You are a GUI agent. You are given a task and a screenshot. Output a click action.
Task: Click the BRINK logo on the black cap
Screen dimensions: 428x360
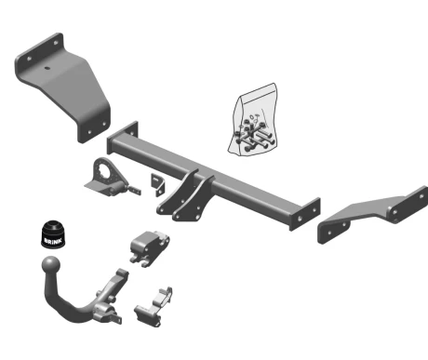53,241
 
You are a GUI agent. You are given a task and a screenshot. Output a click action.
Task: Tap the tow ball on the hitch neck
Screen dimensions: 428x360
51,265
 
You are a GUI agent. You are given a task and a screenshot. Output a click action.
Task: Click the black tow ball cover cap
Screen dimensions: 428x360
53,234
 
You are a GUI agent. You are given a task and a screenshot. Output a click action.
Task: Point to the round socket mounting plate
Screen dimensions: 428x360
105,177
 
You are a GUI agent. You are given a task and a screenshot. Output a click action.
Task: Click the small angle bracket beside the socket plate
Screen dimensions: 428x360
158,184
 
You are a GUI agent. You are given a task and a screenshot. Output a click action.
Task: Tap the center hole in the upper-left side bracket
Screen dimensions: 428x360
47,68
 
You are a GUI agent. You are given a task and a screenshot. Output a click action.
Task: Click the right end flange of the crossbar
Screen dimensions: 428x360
304,214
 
